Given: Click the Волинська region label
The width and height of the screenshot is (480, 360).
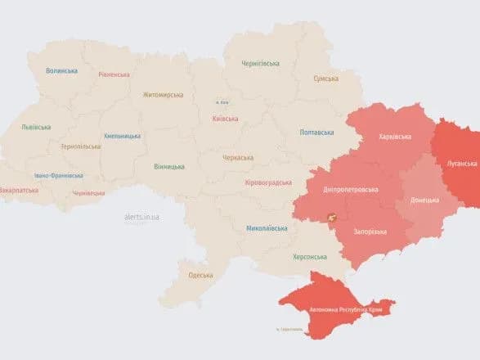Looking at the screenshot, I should click(61, 70).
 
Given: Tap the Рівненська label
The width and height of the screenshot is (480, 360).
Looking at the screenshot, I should click(113, 74).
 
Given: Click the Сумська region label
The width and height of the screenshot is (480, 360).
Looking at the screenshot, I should click(326, 79).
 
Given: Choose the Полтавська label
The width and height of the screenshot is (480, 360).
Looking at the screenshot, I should click(316, 132).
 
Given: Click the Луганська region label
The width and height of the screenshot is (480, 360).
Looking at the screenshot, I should click(461, 164).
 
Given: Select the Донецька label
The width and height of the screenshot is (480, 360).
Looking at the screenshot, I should click(424, 200).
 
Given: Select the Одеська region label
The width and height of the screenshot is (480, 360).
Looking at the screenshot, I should click(200, 275).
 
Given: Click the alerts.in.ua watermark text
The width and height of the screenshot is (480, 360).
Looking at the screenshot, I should click(141, 217).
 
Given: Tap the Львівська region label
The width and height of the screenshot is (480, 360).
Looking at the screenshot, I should click(36, 127).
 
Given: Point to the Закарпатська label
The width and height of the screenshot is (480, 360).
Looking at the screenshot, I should click(20, 190).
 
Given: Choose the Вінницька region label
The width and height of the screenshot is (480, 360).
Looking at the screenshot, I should click(168, 167).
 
